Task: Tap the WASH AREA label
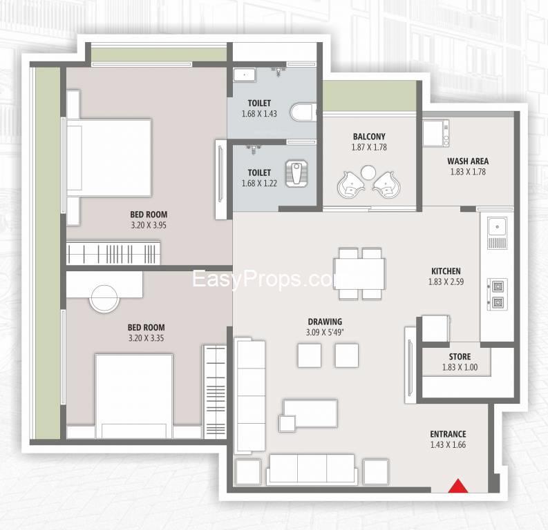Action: [468, 161]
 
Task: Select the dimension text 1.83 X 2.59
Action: [446, 282]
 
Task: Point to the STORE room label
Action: [460, 357]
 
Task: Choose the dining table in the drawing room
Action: [359, 274]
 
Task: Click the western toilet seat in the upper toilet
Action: [303, 112]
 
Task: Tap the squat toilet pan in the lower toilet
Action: [296, 173]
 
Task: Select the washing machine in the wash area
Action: [436, 133]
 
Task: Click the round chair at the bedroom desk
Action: [104, 299]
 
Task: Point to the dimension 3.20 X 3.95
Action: [149, 225]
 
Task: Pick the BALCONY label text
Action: [369, 137]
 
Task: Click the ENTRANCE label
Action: [448, 434]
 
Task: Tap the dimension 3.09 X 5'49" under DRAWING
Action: [325, 332]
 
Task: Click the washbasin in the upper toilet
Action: [245, 75]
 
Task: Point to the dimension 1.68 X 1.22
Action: [259, 183]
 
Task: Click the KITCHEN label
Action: [446, 271]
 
